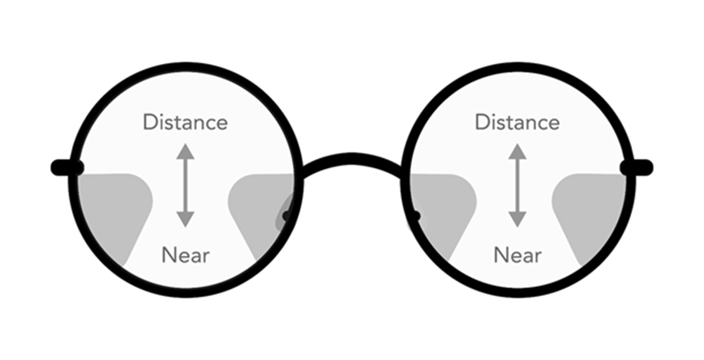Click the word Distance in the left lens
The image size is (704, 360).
point(185,122)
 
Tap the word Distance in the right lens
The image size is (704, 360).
point(517,122)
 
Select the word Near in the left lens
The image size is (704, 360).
point(185,255)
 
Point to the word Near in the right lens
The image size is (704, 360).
point(517,255)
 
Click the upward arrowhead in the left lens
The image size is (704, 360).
point(185,151)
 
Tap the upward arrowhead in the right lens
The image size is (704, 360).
point(517,151)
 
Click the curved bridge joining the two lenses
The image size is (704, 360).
point(351,160)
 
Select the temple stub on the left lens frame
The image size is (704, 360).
point(65,168)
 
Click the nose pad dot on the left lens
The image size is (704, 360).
point(287,216)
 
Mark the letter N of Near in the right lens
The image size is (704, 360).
point(501,255)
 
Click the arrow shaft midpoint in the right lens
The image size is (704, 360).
point(517,185)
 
